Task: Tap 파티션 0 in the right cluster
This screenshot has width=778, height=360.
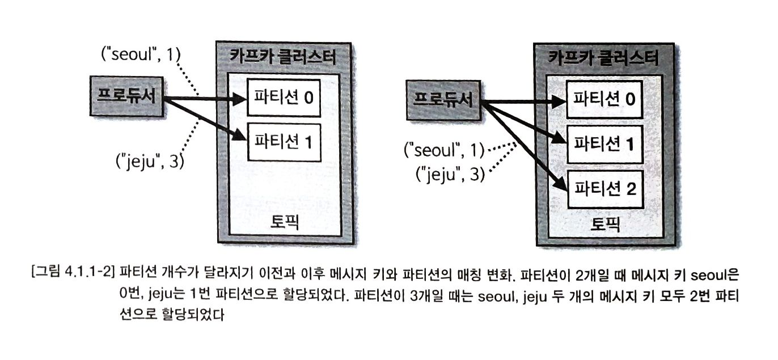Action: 603,100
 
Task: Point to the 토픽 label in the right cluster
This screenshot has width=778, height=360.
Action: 603,224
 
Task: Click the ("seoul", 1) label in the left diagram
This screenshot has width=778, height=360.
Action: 139,54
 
